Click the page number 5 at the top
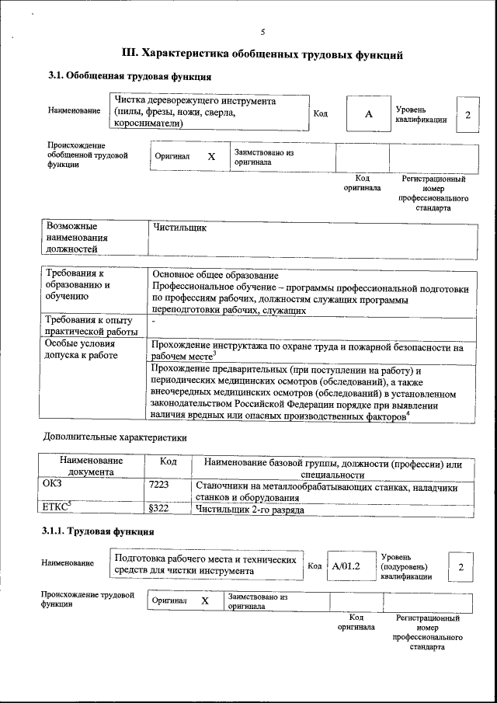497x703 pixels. coord(262,32)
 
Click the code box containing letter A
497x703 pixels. coord(369,114)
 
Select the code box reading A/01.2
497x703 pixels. coord(346,566)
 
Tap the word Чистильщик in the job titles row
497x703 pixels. coord(180,229)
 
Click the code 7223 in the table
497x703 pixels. coord(159,485)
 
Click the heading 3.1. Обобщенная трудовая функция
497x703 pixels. coord(130,75)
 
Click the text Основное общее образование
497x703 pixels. coord(215,275)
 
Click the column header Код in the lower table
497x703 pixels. coord(168,462)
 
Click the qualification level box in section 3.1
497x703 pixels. coord(467,115)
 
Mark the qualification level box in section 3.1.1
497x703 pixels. coord(461,566)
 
